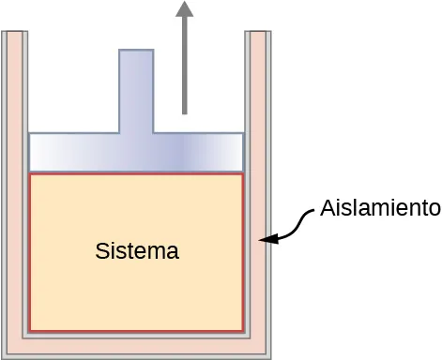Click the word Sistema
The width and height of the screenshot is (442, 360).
tap(137, 252)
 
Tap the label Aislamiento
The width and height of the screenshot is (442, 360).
tap(380, 208)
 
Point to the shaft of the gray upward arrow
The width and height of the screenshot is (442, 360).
tap(184, 66)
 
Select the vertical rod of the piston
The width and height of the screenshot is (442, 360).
tap(136, 90)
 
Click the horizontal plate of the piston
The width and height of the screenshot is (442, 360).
tap(136, 151)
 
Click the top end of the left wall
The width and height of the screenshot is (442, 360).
tap(13, 34)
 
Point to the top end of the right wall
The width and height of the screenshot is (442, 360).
tap(260, 34)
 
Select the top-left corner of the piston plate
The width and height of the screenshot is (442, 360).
tap(30, 134)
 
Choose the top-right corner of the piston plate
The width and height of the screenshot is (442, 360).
tap(244, 134)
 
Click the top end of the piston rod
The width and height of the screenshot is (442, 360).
tap(136, 51)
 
